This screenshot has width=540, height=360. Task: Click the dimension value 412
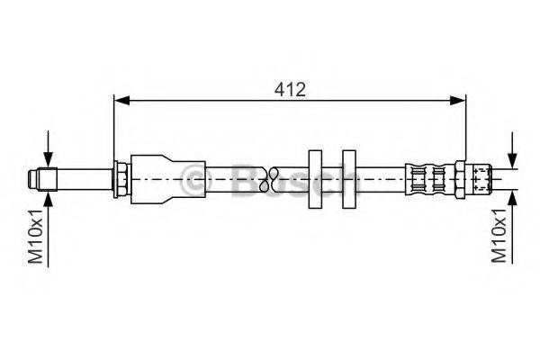(291, 88)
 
